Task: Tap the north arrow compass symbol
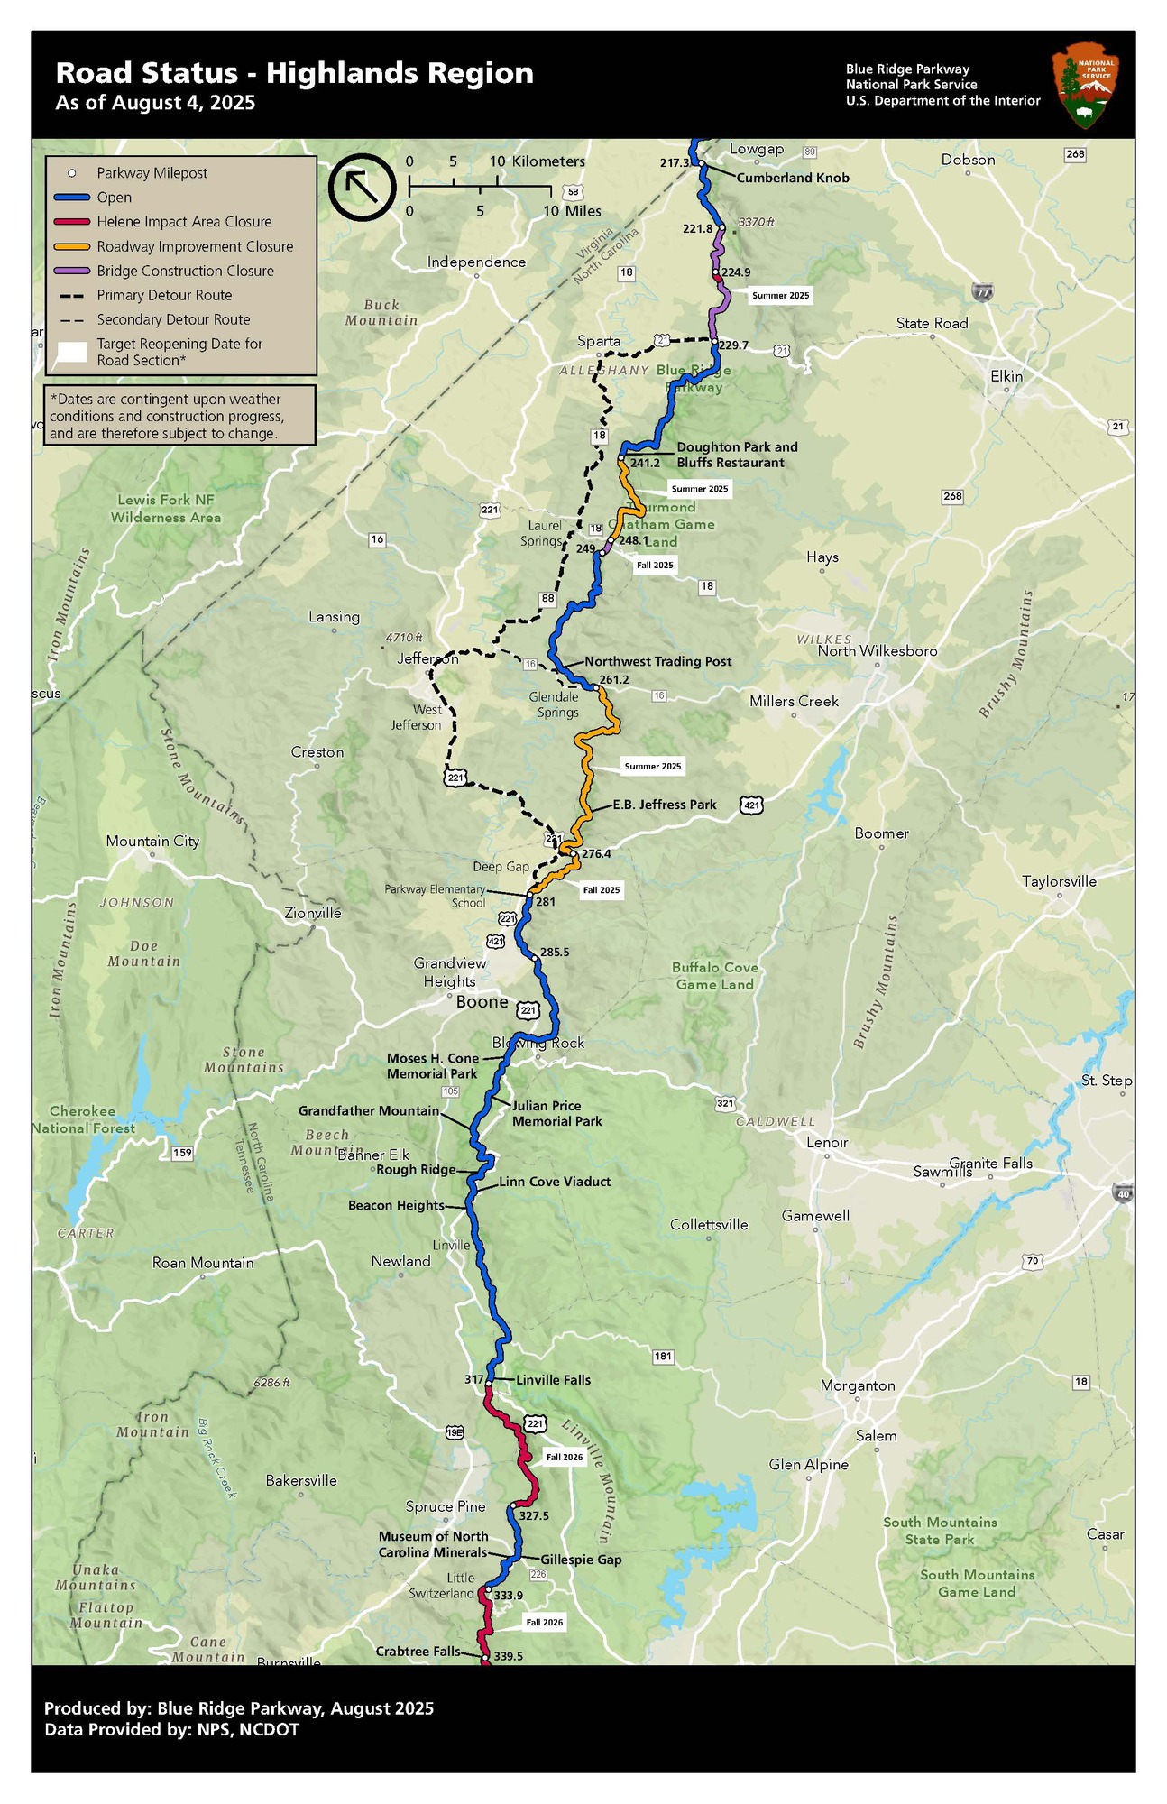pyautogui.click(x=362, y=187)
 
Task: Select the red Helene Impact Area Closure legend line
pyautogui.click(x=69, y=222)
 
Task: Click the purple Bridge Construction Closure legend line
pyautogui.click(x=69, y=271)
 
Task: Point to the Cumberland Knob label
pyautogui.click(x=793, y=178)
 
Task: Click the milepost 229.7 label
pyautogui.click(x=733, y=345)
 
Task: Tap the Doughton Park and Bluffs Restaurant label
pyautogui.click(x=737, y=455)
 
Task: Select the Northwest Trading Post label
pyautogui.click(x=657, y=661)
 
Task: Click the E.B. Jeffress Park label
pyautogui.click(x=665, y=805)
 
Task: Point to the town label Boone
pyautogui.click(x=482, y=1002)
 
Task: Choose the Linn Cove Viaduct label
pyautogui.click(x=555, y=1182)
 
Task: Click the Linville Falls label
pyautogui.click(x=554, y=1380)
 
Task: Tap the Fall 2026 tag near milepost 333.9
pyautogui.click(x=545, y=1623)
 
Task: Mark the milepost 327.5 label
pyautogui.click(x=534, y=1516)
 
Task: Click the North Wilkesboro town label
pyautogui.click(x=877, y=651)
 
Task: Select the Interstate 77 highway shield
pyautogui.click(x=983, y=291)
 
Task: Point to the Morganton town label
pyautogui.click(x=858, y=1386)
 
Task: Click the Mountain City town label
pyautogui.click(x=152, y=842)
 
